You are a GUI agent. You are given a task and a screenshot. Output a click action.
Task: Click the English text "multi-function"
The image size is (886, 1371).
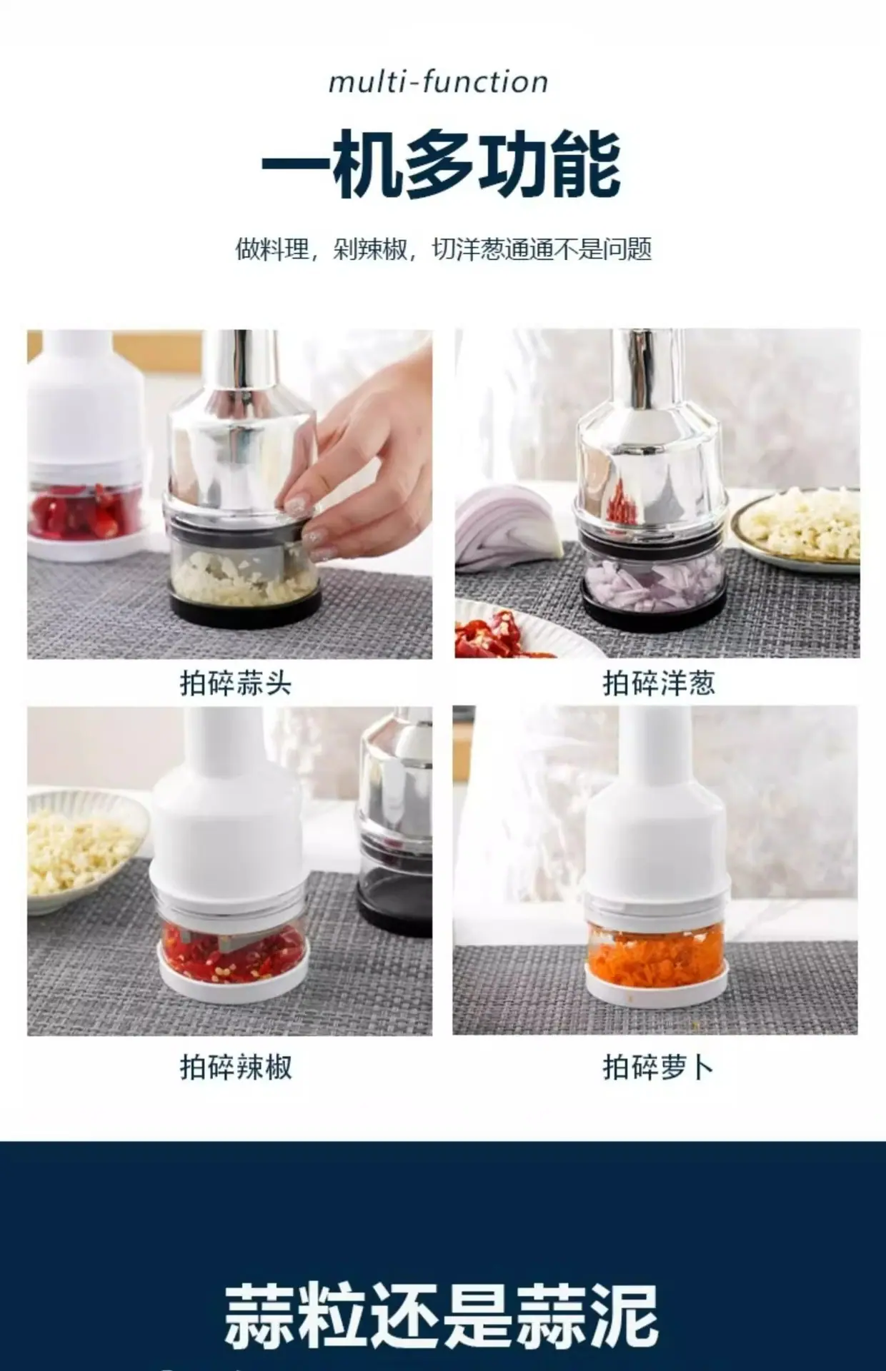point(438,82)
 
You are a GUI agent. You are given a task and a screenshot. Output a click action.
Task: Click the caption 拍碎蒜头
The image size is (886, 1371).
point(236,683)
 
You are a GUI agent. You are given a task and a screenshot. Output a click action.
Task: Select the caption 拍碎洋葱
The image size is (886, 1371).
point(659,683)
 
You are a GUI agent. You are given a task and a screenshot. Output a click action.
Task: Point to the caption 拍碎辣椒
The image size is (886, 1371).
point(236,1068)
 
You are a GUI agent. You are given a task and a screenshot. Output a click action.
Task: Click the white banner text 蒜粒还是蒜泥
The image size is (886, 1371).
point(441,1316)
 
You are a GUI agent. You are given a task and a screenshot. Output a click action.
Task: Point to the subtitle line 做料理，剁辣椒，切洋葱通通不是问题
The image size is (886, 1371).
point(443,250)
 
